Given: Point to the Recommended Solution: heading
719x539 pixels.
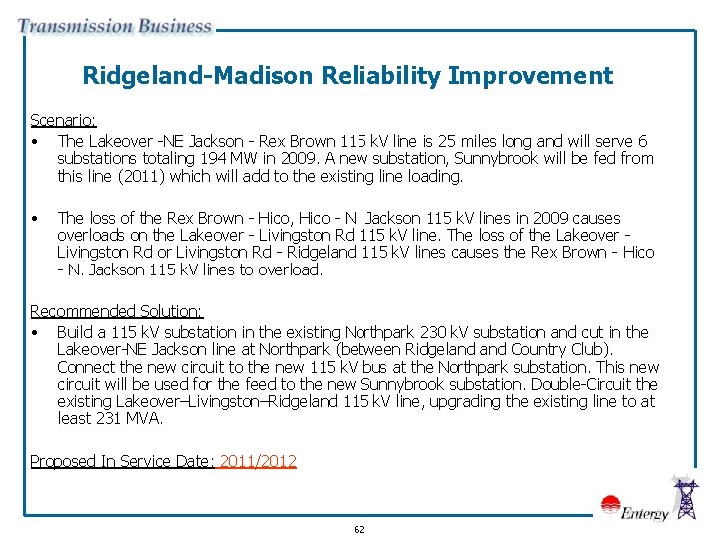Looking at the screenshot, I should [x=116, y=312].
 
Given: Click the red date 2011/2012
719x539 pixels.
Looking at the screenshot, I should [x=257, y=461].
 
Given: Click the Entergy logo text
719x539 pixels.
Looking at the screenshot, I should [x=643, y=513].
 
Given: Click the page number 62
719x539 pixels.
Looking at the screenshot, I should [x=359, y=529].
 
